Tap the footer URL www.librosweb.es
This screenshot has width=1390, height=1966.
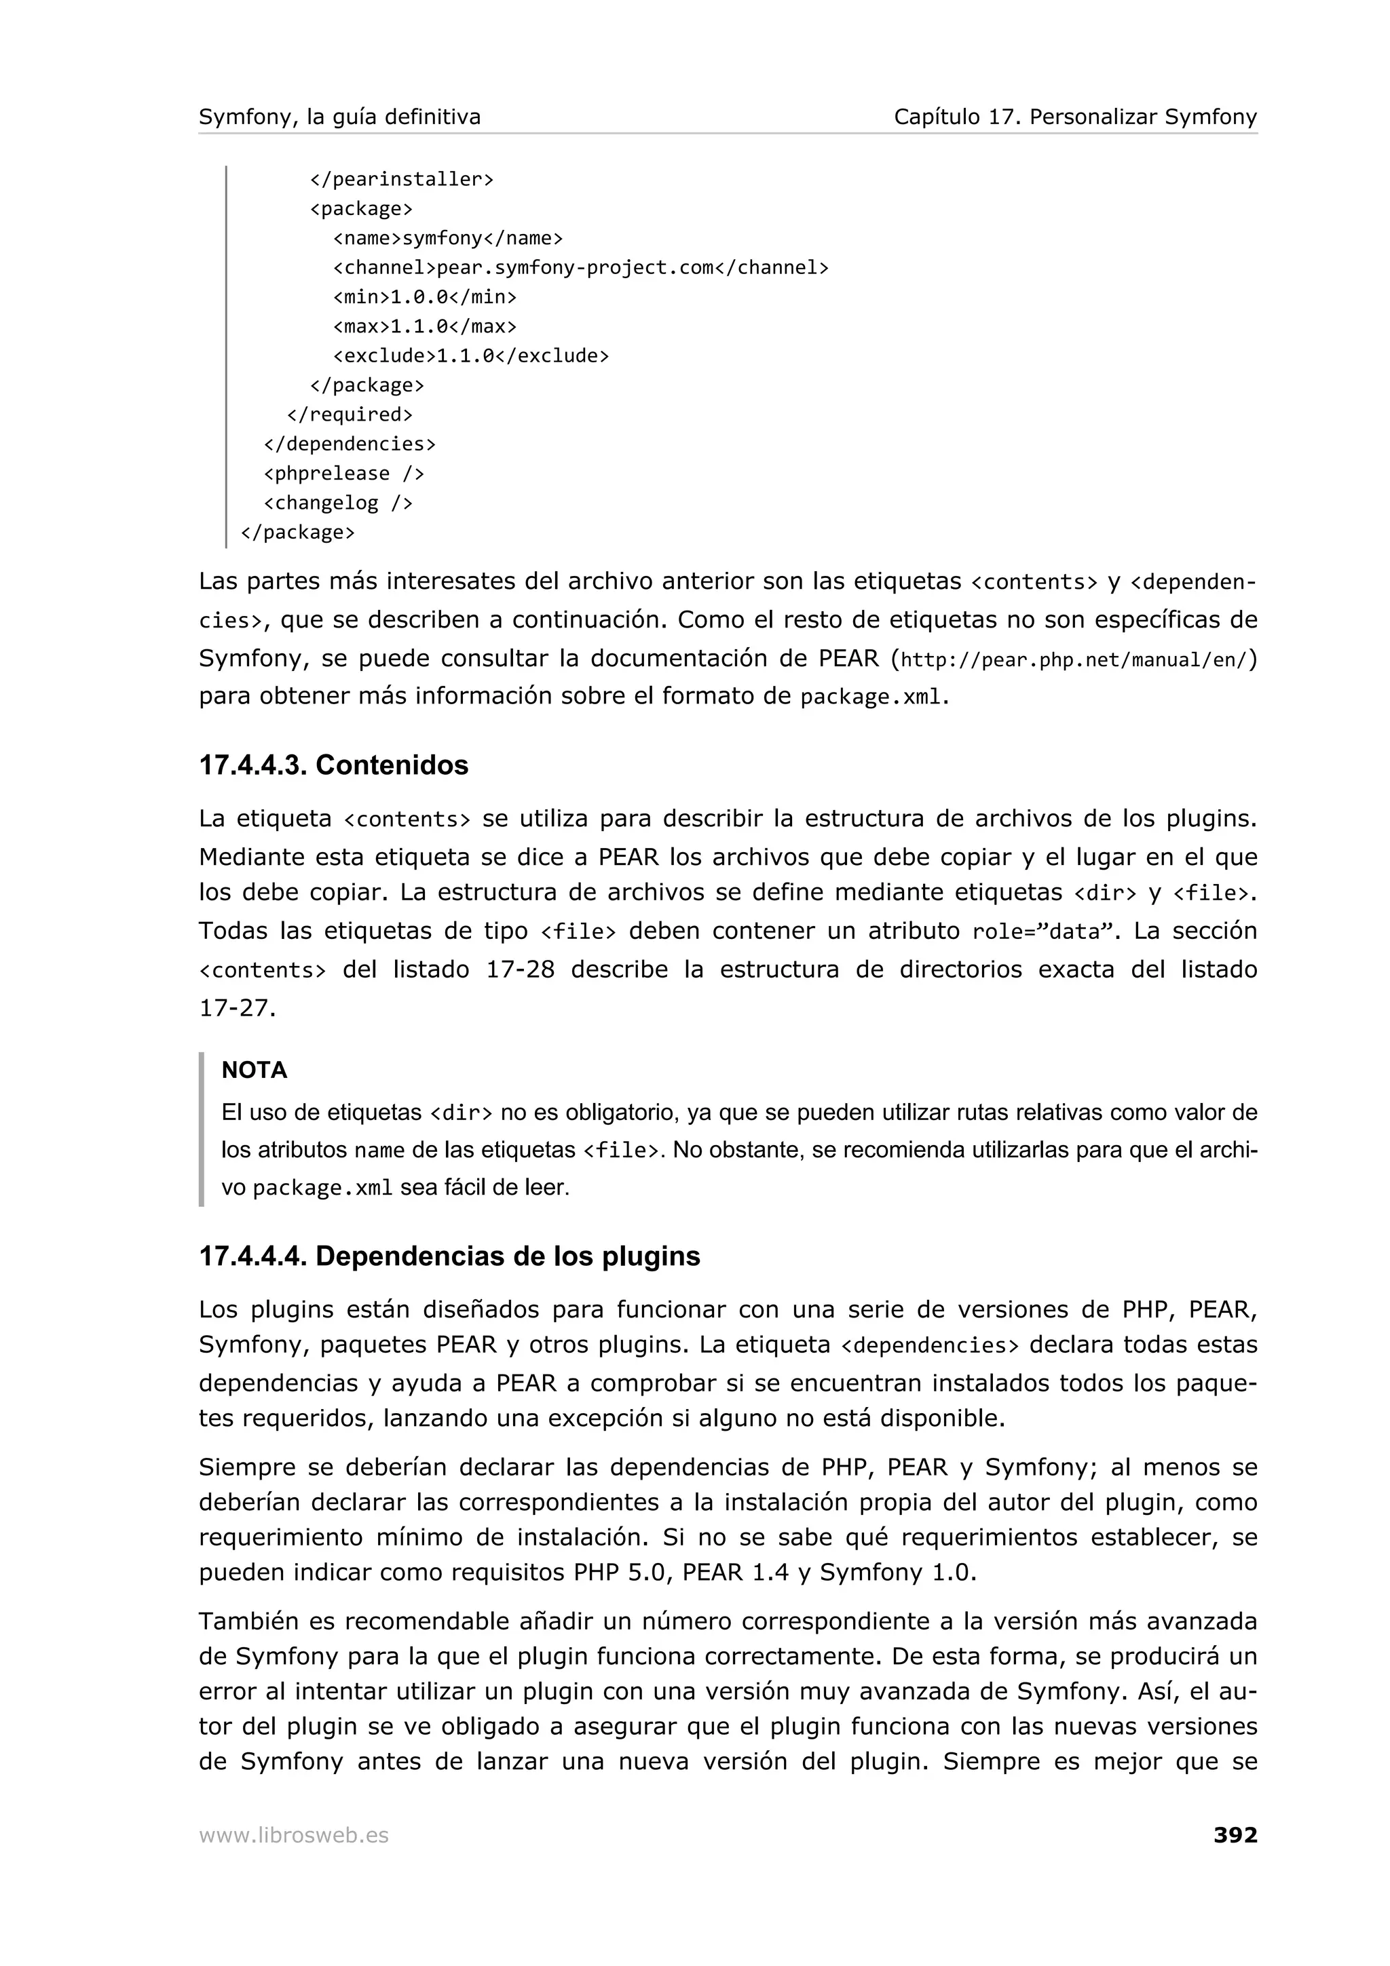pos(294,1835)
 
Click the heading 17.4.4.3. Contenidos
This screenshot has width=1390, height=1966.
pos(333,765)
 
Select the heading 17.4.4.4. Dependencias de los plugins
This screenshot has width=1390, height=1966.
pos(449,1256)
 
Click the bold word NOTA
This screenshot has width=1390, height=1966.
pos(255,1071)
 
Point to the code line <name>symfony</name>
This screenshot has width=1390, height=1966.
pos(447,238)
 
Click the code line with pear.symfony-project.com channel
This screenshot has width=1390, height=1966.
pos(580,268)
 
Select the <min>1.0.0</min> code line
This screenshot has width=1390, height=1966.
pos(424,297)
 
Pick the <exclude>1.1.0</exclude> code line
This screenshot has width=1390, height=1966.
pos(470,356)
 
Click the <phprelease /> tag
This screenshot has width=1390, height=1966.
pos(343,474)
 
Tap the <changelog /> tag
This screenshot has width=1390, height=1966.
pos(337,503)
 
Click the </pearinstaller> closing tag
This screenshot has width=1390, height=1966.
pos(401,180)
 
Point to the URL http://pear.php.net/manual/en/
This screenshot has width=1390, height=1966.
pos(1075,660)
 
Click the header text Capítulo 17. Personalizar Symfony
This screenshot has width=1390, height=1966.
pos(1075,117)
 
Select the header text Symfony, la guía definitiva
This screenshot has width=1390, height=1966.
pos(339,117)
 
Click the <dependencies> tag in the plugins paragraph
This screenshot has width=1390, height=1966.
pos(929,1346)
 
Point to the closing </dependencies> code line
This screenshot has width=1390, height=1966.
pos(350,444)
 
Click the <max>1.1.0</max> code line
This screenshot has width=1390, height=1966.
pos(424,326)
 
